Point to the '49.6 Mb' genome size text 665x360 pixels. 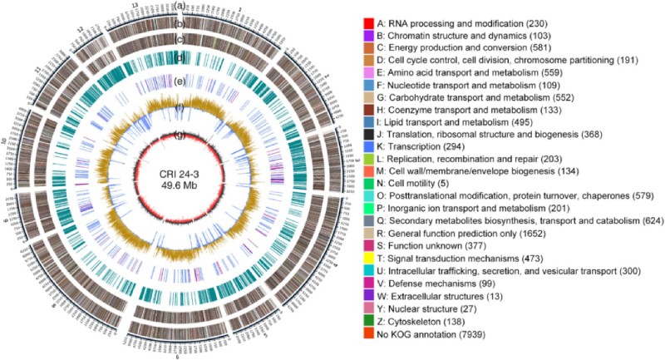coord(181,186)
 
